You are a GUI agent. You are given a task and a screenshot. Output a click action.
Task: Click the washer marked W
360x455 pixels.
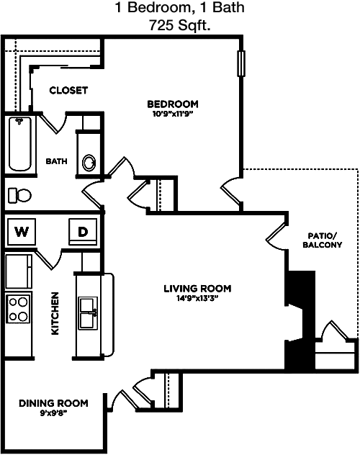point(22,232)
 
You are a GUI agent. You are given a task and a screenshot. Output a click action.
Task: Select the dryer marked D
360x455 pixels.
point(83,232)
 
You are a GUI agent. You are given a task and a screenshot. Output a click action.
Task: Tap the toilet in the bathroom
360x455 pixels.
point(19,195)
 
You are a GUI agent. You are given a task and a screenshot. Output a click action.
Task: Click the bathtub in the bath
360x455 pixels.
point(19,144)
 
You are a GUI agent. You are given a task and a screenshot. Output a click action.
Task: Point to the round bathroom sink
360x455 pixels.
point(89,163)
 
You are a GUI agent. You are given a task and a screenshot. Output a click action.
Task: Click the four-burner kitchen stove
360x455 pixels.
point(18,309)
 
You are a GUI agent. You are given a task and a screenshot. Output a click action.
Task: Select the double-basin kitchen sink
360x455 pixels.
point(88,313)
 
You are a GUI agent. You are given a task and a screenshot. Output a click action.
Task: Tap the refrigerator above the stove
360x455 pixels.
point(19,271)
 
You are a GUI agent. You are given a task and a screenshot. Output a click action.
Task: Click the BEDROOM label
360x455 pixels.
point(173,104)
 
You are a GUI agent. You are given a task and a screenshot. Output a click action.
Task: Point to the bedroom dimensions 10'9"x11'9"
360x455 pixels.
point(173,114)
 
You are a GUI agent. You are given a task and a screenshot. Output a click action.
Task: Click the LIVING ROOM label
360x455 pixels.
point(197,289)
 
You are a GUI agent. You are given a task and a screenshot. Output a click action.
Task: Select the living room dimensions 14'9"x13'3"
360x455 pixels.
point(197,298)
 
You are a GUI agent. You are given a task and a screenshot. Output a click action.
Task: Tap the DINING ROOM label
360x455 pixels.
point(53,403)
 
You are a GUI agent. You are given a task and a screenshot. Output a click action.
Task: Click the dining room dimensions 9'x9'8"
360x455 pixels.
point(53,413)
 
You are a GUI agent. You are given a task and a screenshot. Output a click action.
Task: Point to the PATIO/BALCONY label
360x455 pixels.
point(323,240)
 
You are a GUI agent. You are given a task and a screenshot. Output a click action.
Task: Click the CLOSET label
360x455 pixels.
point(68,90)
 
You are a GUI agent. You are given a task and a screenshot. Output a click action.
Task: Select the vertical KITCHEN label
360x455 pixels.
point(55,313)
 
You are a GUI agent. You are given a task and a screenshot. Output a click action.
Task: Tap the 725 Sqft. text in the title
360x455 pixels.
point(180,25)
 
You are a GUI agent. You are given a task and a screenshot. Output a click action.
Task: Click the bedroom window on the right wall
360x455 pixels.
point(241,63)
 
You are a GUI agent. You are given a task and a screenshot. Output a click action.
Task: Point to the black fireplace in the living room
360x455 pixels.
point(300,320)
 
